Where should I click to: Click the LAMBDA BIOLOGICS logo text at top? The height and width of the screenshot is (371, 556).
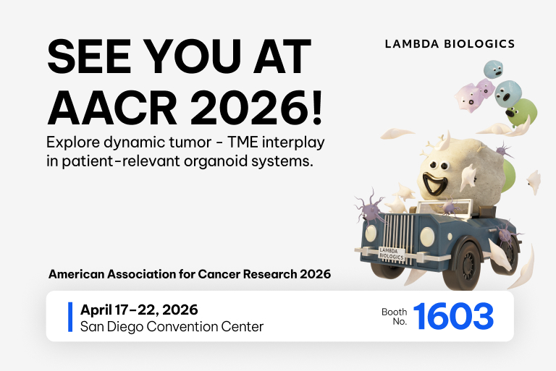(450, 44)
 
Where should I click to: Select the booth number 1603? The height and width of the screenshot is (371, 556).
(454, 316)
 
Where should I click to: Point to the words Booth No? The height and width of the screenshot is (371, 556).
(395, 316)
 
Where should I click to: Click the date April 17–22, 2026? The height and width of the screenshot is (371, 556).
(139, 310)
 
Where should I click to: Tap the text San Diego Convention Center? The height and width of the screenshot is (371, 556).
(172, 327)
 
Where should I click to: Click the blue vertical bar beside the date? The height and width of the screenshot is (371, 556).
(70, 317)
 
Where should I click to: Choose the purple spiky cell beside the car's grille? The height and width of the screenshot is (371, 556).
(371, 212)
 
